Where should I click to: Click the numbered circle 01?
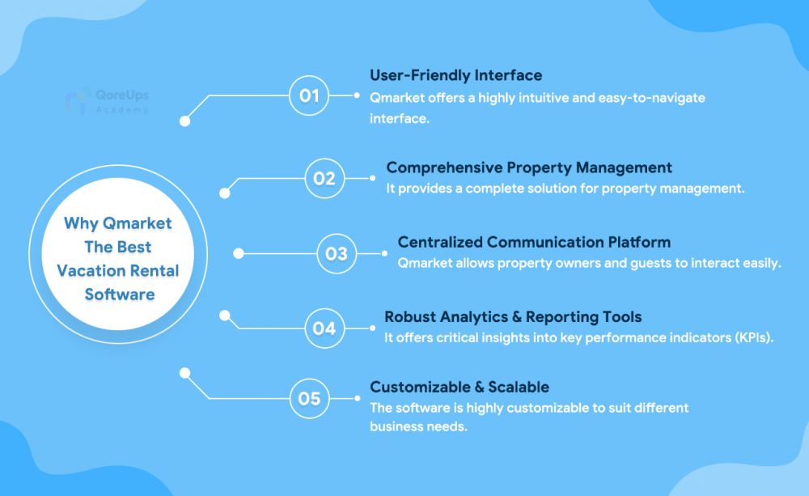[x=309, y=95]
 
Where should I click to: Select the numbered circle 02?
[x=324, y=179]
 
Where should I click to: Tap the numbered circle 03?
[x=337, y=253]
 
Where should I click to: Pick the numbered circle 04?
[x=324, y=329]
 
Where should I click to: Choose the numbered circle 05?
[x=310, y=398]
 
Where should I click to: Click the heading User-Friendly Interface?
[x=456, y=75]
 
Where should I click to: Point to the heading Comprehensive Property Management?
[x=529, y=167]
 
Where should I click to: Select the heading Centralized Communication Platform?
[x=534, y=242]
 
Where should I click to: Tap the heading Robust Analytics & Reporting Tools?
[x=513, y=317]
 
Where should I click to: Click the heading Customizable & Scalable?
[x=460, y=387]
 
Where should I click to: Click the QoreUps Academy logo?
[x=108, y=101]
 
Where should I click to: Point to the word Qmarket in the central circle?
[x=138, y=223]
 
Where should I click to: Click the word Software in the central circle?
[x=120, y=295]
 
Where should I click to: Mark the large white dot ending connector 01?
[x=184, y=121]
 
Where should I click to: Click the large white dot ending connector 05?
[x=184, y=373]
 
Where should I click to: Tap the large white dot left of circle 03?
[x=239, y=253]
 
